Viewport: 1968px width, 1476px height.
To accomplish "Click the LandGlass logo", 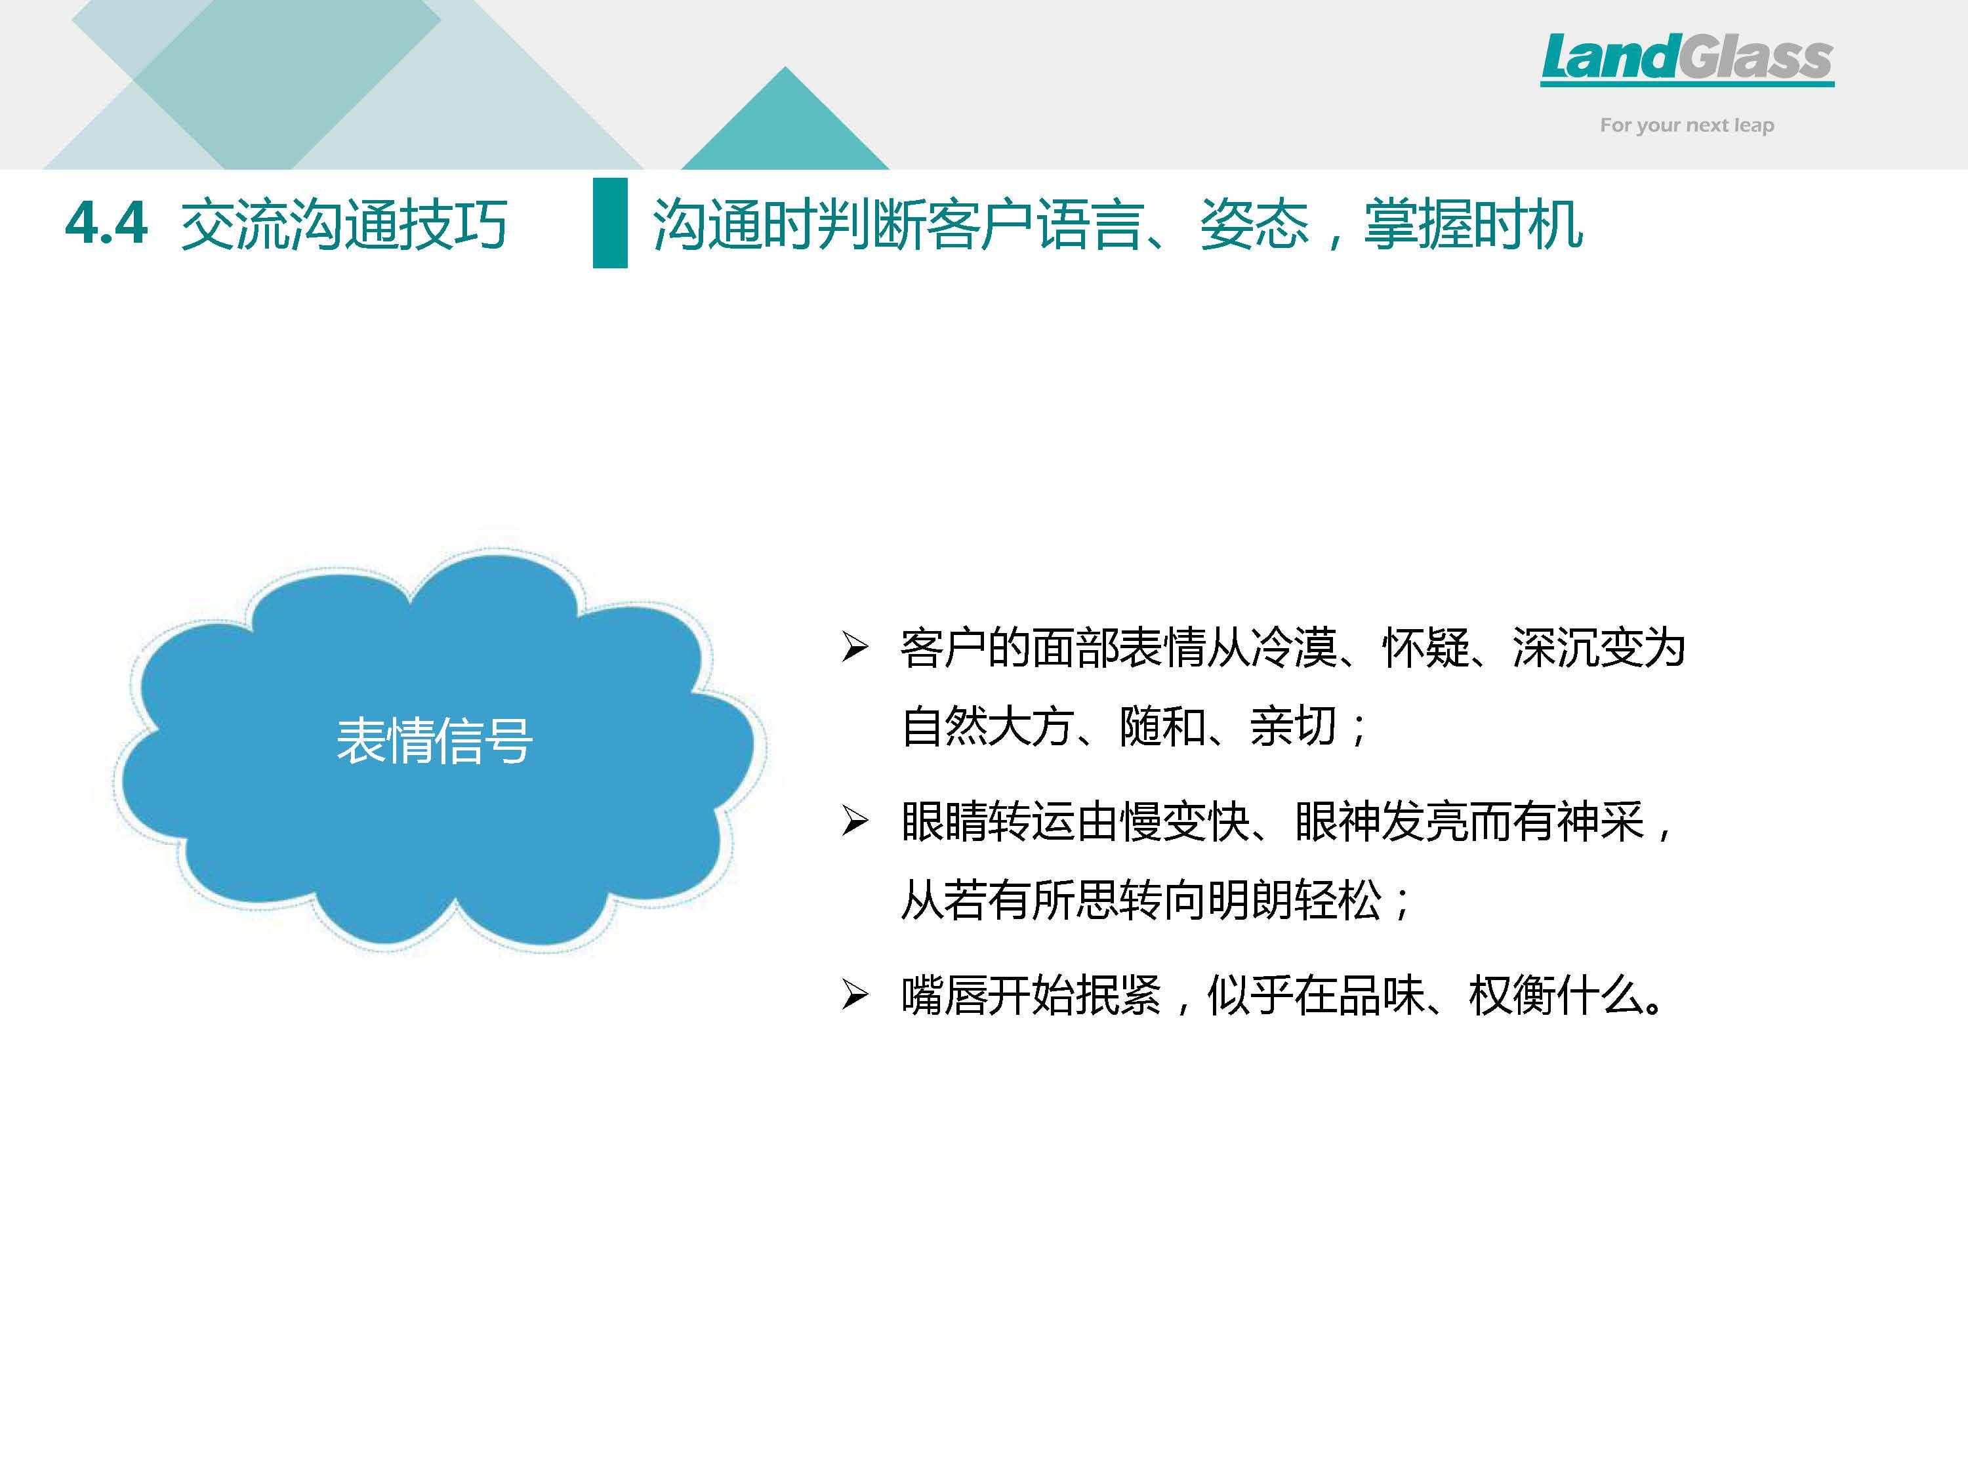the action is coord(1687,60).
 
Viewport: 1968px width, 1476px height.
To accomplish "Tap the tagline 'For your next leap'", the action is coord(1687,125).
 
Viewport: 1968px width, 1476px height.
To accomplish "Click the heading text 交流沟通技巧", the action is coord(344,224).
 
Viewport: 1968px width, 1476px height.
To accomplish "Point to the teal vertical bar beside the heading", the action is coord(610,222).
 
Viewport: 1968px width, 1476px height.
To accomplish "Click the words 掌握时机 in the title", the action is coord(1473,224).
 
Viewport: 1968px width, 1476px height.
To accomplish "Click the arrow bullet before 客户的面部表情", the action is coord(855,647).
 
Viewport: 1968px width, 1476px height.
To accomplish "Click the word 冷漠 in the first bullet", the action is coord(1294,647).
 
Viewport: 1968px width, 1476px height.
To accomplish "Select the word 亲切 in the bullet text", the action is coord(1294,726).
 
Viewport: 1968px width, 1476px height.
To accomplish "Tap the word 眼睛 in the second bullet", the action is coord(944,821).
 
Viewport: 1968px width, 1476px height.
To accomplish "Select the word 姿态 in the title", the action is coord(1254,224).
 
